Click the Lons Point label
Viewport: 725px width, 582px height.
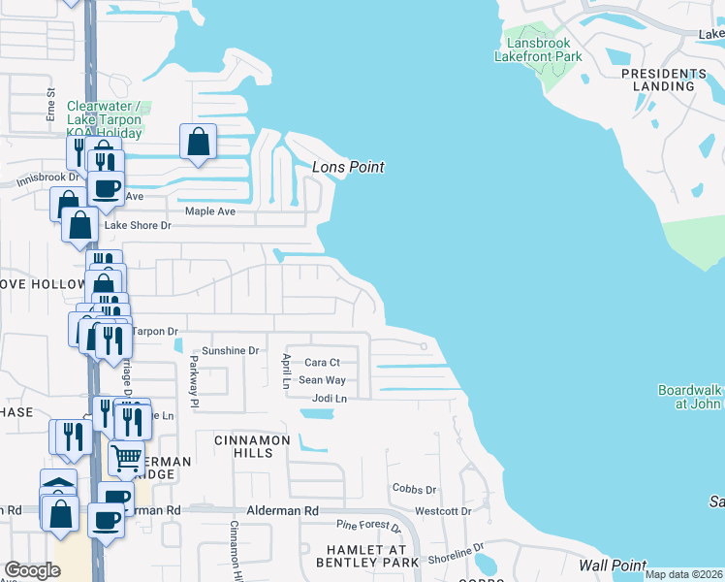tap(348, 168)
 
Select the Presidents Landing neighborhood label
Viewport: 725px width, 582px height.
tap(664, 80)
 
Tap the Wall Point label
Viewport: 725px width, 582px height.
tap(613, 566)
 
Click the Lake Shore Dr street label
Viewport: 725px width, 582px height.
tap(138, 226)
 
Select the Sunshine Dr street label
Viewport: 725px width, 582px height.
tap(231, 350)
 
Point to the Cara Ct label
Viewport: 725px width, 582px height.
tap(322, 362)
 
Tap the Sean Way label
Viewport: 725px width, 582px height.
tap(322, 380)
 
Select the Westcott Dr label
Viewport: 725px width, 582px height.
tap(443, 510)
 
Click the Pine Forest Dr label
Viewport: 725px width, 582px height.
tap(368, 527)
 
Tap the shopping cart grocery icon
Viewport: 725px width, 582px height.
tap(127, 458)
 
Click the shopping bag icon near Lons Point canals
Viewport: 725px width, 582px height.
tap(198, 143)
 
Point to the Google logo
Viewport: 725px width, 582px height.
tap(32, 569)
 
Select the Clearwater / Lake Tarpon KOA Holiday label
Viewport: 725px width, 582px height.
tap(104, 119)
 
